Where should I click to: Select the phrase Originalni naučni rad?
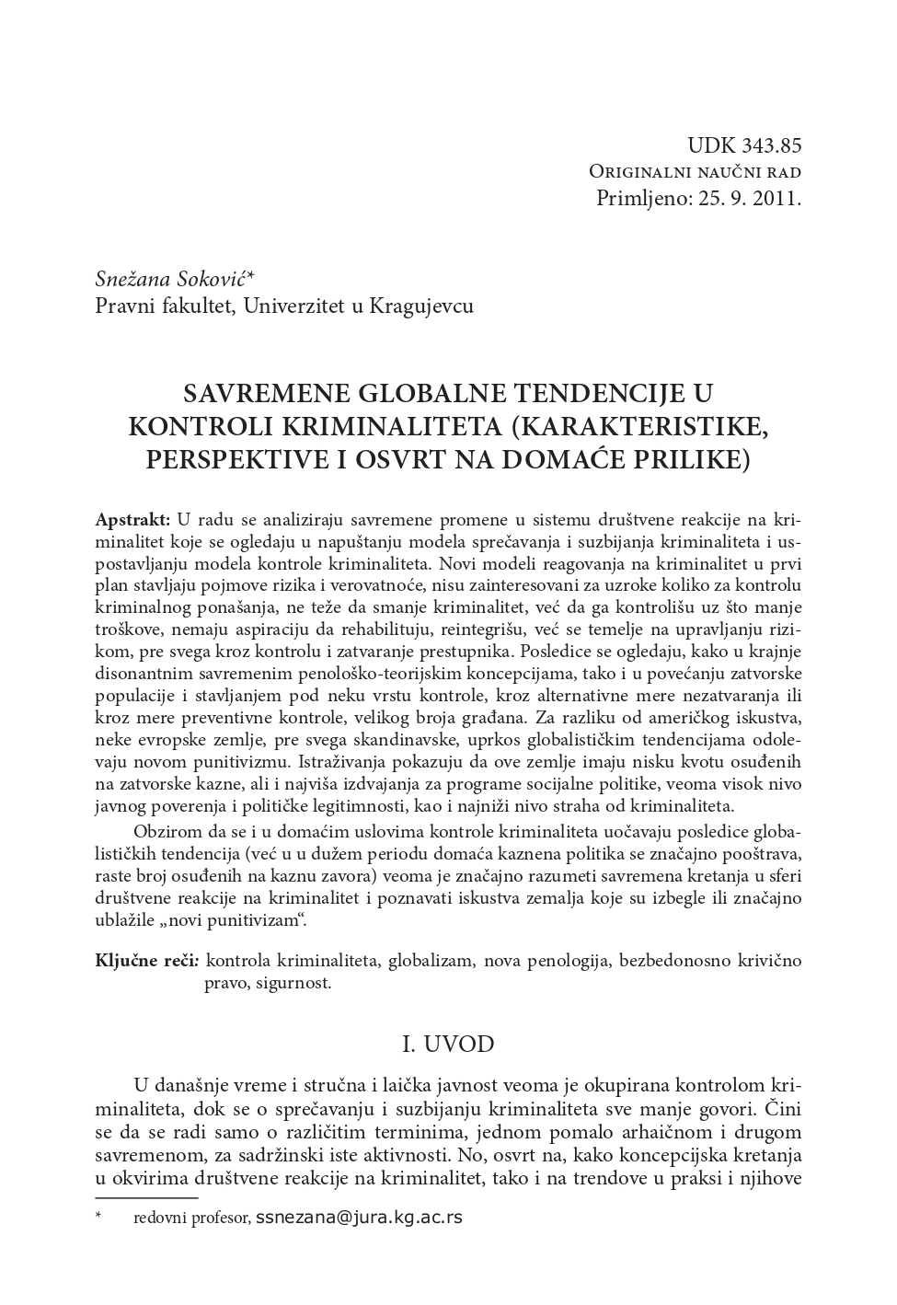click(x=695, y=171)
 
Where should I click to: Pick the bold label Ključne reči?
click(x=146, y=961)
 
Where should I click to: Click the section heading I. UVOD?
click(x=449, y=1044)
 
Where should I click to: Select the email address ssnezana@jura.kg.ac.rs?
click(x=359, y=1218)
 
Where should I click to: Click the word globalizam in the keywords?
click(x=431, y=961)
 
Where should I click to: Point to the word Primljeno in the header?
click(x=638, y=197)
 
